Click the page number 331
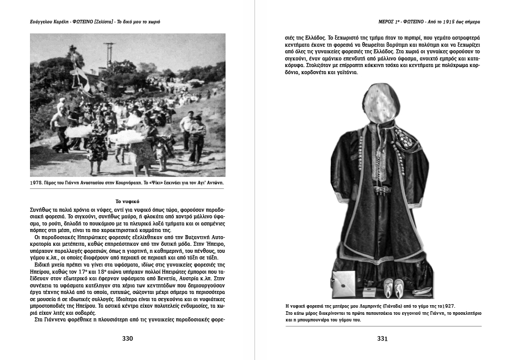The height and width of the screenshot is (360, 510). (382, 339)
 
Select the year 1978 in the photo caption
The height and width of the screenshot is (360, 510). (38, 182)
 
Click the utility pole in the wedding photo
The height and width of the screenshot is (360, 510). (109, 54)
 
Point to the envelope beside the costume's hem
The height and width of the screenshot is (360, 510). (344, 281)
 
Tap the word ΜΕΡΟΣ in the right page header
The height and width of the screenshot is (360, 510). (382, 22)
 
